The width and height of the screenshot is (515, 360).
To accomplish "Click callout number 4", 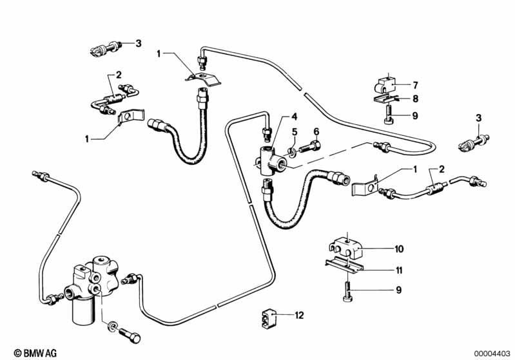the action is point(294,117).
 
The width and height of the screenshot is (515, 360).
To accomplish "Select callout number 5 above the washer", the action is point(295,132).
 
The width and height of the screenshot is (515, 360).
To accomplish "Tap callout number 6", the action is point(316,131).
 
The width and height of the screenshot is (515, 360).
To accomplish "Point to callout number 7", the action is point(416,85).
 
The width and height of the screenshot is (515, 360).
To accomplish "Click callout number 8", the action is point(416,99).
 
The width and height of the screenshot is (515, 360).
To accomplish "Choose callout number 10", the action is point(399,249).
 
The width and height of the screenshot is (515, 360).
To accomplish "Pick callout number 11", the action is point(399,270).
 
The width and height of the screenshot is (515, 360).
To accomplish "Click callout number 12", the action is point(299,316).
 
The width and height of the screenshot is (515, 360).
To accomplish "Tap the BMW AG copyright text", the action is point(35,353).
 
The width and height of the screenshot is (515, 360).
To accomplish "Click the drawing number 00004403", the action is point(492,354).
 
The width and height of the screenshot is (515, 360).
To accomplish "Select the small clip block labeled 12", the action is point(269,318).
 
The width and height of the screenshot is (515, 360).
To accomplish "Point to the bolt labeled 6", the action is point(310,146).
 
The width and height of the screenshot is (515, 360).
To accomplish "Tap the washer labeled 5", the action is point(291,153).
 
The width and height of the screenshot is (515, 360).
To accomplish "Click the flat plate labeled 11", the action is point(344,265).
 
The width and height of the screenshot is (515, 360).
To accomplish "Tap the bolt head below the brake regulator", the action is point(135,338).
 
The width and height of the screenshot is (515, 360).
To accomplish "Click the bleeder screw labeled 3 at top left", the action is point(106,49).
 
